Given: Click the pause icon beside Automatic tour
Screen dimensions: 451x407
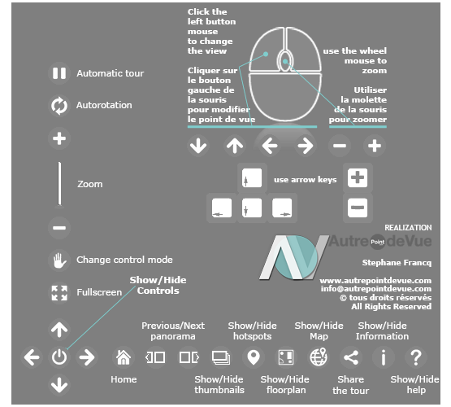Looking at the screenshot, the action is coord(59,73).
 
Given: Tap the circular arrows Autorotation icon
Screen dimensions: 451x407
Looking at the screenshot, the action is coord(59,106).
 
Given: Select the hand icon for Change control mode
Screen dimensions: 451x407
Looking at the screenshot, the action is coord(59,260).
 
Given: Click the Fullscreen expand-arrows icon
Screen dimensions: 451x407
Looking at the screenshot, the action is coord(59,293).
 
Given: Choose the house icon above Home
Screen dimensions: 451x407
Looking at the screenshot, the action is coord(124,357).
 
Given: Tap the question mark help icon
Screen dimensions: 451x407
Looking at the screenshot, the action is coord(415,357).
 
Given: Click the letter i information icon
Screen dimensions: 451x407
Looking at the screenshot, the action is coord(383,357).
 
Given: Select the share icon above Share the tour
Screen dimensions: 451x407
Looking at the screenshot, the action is coord(351,357).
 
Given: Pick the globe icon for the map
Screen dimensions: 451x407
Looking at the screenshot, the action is coord(319,357).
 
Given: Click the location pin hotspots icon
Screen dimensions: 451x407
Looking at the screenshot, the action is coord(254,357).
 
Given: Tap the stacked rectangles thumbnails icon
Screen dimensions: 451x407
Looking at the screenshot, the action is coord(221,357).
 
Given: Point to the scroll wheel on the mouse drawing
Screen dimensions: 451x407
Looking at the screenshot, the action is coord(284,61).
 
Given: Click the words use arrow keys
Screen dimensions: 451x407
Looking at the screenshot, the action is coord(306,180).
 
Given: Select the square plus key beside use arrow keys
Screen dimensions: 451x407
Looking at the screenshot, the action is coord(358,177).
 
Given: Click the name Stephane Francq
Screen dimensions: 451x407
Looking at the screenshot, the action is coord(397,263).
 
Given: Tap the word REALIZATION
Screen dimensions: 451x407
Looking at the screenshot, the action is coord(408,228).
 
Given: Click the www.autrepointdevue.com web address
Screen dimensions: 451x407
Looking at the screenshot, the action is coord(375,281).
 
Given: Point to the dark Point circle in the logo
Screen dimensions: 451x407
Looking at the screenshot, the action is coord(377,242).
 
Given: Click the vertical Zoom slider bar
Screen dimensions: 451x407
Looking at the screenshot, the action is coord(59,183).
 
